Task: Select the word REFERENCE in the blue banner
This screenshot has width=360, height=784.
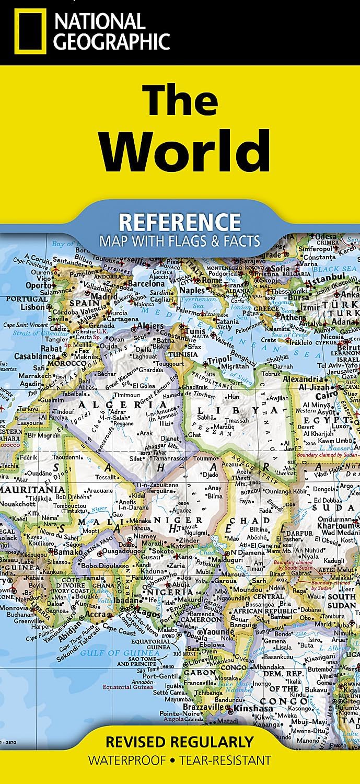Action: [180, 222]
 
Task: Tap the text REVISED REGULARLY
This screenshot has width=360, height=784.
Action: [180, 741]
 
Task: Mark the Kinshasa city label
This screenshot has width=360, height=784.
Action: [253, 709]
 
